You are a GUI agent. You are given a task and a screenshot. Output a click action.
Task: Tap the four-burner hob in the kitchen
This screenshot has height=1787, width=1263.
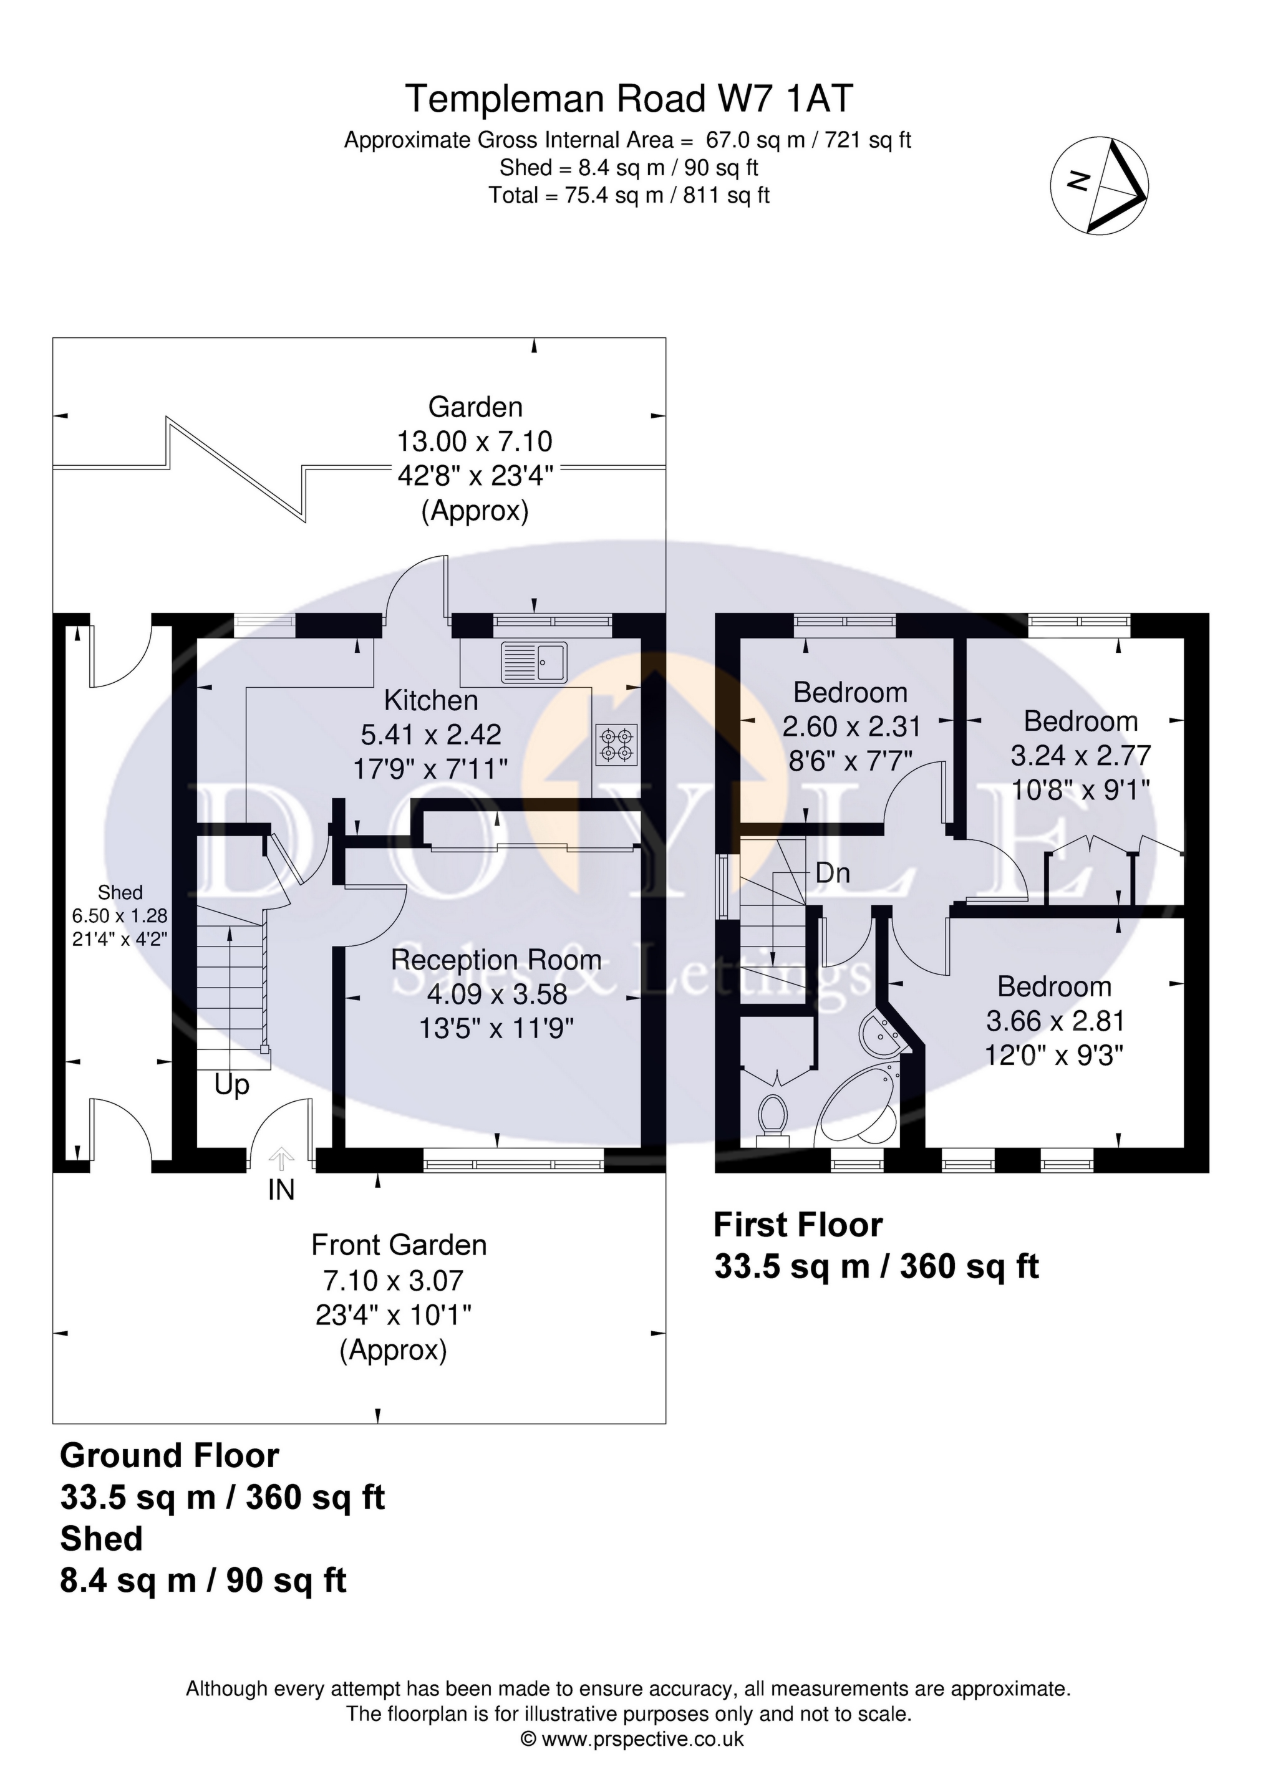tap(616, 743)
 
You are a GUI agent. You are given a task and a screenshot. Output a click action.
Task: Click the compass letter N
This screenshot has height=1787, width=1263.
tap(1078, 181)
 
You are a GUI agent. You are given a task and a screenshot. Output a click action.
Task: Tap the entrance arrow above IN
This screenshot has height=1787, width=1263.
tap(281, 1159)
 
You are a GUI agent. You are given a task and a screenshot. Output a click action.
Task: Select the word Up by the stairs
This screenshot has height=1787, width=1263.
tap(232, 1085)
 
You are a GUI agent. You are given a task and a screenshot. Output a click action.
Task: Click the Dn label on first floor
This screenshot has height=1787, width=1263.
tap(833, 874)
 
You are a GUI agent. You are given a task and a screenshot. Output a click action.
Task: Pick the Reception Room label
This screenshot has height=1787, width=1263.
tap(496, 960)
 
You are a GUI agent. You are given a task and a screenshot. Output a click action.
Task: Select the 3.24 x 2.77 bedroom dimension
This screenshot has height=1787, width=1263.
tap(1081, 755)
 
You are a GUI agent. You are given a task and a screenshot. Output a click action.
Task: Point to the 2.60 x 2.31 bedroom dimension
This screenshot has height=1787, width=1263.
tap(851, 726)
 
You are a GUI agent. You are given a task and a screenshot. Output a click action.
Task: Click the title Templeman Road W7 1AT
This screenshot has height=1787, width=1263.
tap(629, 100)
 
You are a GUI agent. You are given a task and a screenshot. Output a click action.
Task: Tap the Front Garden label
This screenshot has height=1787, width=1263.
tap(399, 1245)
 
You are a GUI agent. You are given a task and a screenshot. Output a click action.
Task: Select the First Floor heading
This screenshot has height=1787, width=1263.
tap(798, 1225)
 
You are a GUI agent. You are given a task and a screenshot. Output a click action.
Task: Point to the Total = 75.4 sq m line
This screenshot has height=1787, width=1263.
tap(629, 195)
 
